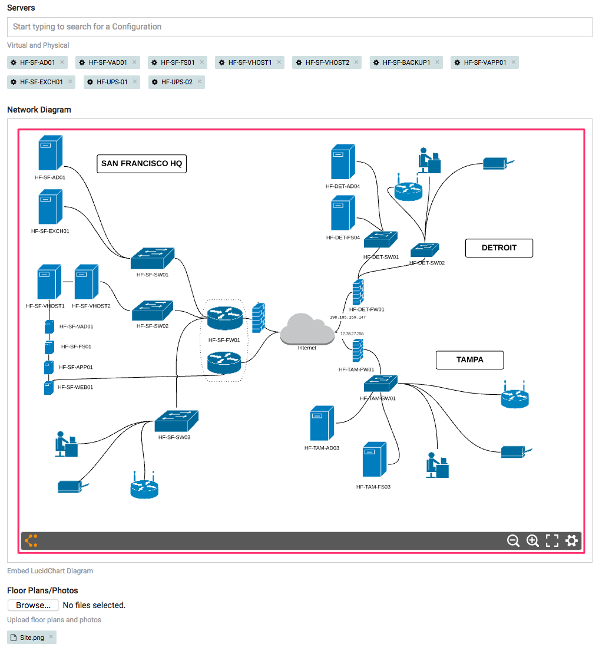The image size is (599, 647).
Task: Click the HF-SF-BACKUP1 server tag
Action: click(x=405, y=62)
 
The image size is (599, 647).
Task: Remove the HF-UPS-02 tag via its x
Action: click(x=199, y=82)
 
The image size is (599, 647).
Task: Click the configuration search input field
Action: click(x=299, y=27)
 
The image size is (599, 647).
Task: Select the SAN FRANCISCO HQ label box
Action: click(x=141, y=164)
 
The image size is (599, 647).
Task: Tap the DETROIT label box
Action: click(x=499, y=248)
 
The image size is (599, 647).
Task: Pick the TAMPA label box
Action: click(x=469, y=360)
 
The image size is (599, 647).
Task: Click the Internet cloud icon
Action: click(x=307, y=331)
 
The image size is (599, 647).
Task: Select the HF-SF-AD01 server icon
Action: click(x=50, y=153)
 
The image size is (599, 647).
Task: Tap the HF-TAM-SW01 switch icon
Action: click(x=380, y=384)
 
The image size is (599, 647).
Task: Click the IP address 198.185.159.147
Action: click(x=348, y=317)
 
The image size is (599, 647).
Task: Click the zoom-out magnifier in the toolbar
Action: click(x=513, y=541)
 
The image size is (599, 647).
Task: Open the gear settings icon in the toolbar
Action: click(x=571, y=541)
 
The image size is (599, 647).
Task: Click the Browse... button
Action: click(x=33, y=605)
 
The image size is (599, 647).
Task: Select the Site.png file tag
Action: click(x=31, y=638)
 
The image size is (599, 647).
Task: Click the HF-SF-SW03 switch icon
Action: click(x=176, y=421)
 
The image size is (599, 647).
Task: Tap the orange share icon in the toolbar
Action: click(x=32, y=540)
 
